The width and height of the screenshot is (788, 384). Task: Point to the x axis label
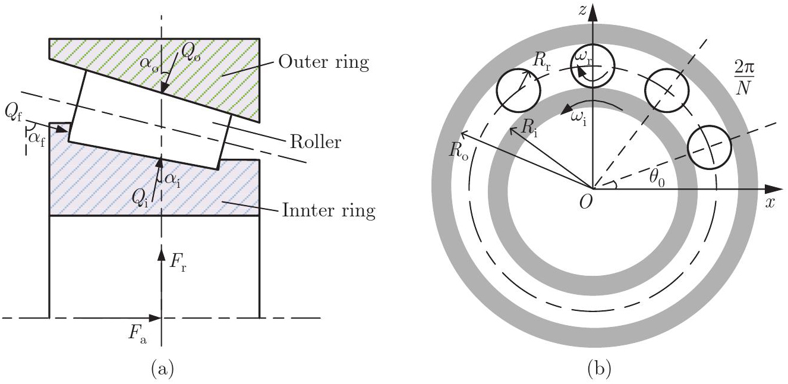pyautogui.click(x=770, y=202)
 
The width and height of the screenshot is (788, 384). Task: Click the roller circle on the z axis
pyautogui.click(x=592, y=67)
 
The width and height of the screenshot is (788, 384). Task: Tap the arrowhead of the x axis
pyautogui.click(x=773, y=188)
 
